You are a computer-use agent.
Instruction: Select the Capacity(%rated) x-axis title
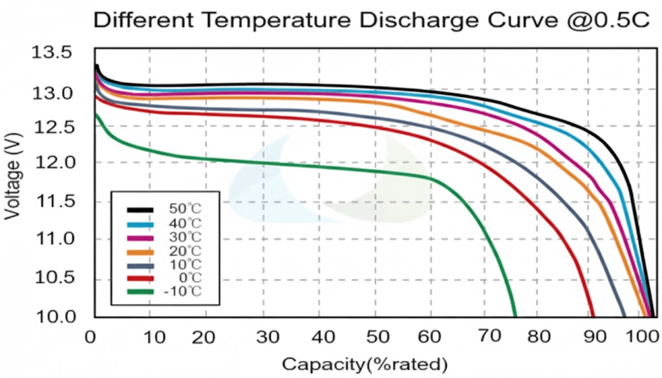click(x=364, y=363)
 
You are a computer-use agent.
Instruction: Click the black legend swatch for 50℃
click(x=140, y=209)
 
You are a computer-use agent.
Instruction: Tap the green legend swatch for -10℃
click(x=140, y=292)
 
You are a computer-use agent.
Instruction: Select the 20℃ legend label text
click(x=185, y=251)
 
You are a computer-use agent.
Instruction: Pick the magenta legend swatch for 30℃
click(x=140, y=237)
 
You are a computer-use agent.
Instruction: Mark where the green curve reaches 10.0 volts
click(x=515, y=316)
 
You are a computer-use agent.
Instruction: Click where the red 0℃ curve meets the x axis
click(x=593, y=316)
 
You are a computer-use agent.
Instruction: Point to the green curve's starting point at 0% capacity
click(x=96, y=114)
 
